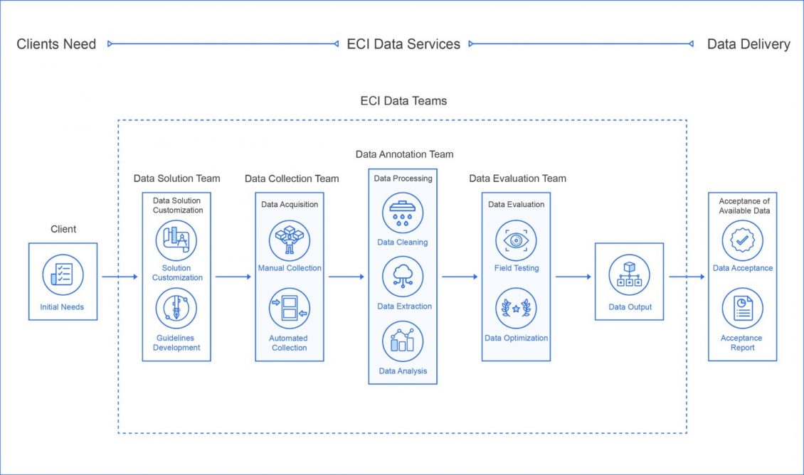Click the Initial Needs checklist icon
pos(63,275)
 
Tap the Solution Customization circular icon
pos(176,240)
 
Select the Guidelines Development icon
pos(176,309)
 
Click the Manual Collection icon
pos(290,240)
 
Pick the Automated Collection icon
pos(290,309)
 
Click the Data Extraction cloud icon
pos(403,277)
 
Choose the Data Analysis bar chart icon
pos(403,341)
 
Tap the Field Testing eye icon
pos(516,240)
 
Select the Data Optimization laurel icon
pos(516,309)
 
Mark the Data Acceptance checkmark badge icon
pos(742,240)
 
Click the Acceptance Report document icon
pos(742,309)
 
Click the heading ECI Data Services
pos(403,44)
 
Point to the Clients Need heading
pos(56,44)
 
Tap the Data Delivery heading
pos(749,44)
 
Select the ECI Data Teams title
pos(403,101)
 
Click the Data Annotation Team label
pos(404,154)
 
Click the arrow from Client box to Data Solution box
pos(120,277)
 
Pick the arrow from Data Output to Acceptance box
pos(686,277)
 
